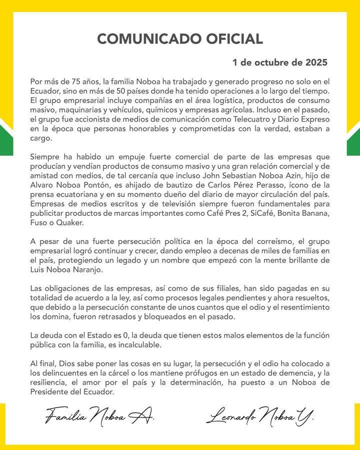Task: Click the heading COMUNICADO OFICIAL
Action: point(179,39)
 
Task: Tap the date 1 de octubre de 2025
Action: point(279,63)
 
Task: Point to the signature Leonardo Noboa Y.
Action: point(259,414)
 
